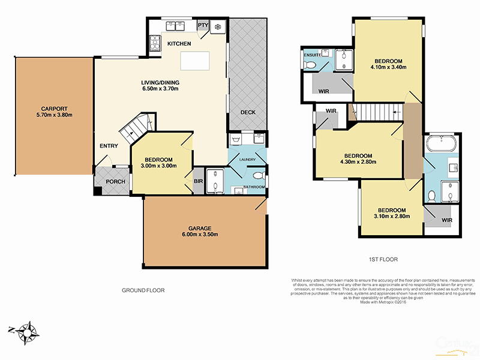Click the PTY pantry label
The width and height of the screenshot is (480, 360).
point(202,25)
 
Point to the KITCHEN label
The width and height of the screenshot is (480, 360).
point(179,44)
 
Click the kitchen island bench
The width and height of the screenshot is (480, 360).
point(196,61)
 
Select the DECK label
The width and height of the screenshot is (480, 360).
point(248,112)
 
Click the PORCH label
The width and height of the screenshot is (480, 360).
point(115,182)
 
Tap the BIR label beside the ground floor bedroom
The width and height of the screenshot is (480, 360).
point(197,181)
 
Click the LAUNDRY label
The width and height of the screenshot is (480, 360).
point(247,160)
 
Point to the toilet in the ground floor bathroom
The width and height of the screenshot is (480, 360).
point(259,176)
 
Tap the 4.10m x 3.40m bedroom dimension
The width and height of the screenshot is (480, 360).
point(388,68)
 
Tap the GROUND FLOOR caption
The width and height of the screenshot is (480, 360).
point(143,290)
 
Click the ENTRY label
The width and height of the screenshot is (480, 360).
point(109,146)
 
